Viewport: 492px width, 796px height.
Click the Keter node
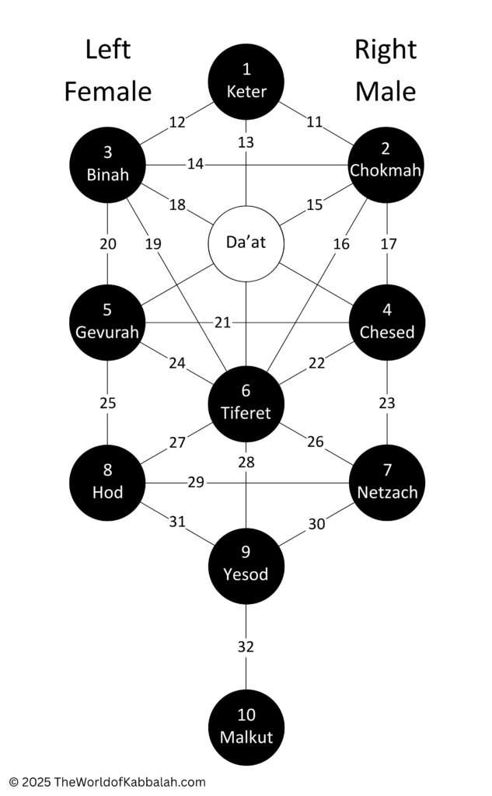click(x=246, y=82)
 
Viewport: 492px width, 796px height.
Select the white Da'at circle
click(x=246, y=243)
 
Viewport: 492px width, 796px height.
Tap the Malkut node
click(x=246, y=728)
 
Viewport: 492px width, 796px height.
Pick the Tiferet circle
click(x=246, y=404)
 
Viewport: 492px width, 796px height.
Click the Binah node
click(x=107, y=165)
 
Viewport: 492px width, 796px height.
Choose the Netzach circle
click(x=387, y=483)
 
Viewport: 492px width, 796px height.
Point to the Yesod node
click(x=246, y=566)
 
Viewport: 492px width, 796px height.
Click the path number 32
click(x=246, y=647)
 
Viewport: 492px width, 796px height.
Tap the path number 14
click(x=196, y=164)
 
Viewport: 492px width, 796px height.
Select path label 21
click(x=222, y=323)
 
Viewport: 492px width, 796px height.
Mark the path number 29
click(x=196, y=482)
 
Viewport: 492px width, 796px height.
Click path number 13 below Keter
click(x=246, y=143)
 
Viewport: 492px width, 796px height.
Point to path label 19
click(x=153, y=244)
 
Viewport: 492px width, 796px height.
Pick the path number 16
click(x=341, y=244)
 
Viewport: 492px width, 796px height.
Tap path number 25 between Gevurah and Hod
click(x=107, y=403)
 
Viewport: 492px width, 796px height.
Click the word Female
click(x=107, y=92)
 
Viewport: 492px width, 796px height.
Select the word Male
click(x=386, y=92)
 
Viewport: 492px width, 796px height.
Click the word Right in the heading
click(x=386, y=51)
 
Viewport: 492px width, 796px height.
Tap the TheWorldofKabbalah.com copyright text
click(x=107, y=782)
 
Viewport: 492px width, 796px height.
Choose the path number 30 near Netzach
click(x=316, y=524)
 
